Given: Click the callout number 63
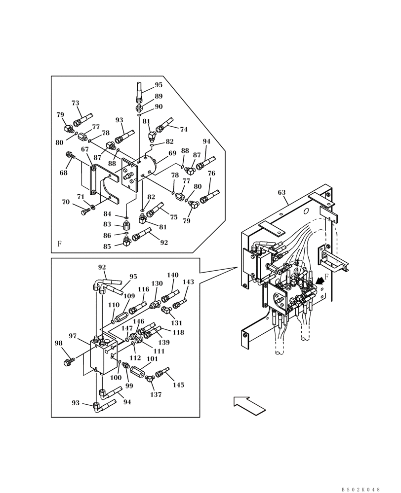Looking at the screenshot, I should coord(281,192).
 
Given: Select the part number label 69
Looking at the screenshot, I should coord(172,153).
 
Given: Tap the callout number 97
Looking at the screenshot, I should coord(73,336).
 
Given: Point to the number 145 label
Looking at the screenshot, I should coord(178,385).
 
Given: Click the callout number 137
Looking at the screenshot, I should coord(156,394).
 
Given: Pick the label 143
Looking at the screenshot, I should coord(188,282).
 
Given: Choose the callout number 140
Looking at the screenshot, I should coord(172,275).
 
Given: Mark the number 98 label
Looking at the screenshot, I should coord(58,343).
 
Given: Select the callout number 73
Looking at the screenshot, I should coord(75,103).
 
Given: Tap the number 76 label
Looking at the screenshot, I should coord(211,173).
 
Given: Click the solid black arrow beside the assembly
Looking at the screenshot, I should coord(321,280).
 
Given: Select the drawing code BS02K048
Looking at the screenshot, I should coord(361,490).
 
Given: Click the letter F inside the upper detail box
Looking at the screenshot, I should coord(59,244).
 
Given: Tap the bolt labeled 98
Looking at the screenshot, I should coord(69,362).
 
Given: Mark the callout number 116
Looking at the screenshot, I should coord(143,289).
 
